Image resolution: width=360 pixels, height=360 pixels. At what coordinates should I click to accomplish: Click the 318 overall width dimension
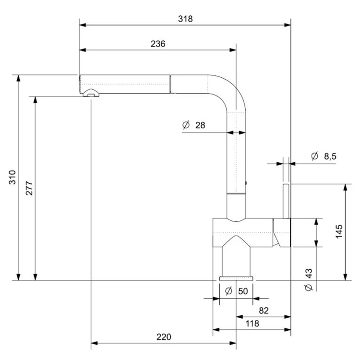[185, 19]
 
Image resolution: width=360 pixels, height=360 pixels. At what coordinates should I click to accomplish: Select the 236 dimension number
[158, 44]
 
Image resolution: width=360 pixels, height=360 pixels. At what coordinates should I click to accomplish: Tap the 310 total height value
[12, 177]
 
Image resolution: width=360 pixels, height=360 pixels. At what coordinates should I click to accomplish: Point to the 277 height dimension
[29, 188]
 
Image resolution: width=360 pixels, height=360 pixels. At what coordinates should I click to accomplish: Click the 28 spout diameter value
[200, 125]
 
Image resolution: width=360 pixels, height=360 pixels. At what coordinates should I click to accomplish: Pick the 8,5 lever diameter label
[330, 156]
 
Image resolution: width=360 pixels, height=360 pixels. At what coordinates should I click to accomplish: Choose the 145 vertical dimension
[339, 232]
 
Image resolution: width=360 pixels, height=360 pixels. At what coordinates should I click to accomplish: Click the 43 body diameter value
[309, 274]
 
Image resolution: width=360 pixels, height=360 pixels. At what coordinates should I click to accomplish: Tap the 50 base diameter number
[243, 291]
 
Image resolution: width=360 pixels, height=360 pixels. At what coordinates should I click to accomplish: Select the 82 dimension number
[264, 311]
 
